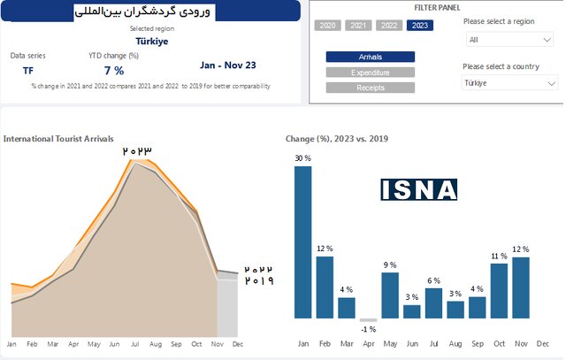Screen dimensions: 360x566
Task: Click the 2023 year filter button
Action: point(420,26)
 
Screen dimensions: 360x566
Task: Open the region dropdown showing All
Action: point(510,40)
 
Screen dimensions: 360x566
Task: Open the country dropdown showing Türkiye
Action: point(510,83)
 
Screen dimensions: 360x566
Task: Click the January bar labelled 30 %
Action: point(303,242)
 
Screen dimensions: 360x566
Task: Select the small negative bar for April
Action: point(369,320)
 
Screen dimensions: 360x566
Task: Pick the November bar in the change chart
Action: point(520,287)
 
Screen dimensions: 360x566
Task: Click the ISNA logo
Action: point(419,189)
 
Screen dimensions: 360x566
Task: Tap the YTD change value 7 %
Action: point(114,70)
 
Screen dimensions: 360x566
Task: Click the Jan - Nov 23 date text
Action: point(228,65)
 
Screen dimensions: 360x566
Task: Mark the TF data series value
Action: point(28,70)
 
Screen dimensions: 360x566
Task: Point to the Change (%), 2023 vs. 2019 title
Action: point(337,139)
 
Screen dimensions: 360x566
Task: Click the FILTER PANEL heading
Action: point(436,7)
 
